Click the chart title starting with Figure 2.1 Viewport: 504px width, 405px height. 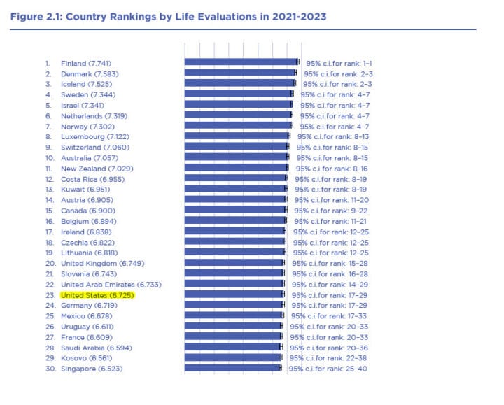[168, 15]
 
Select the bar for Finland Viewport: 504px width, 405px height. [241, 62]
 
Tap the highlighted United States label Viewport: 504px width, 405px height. [97, 295]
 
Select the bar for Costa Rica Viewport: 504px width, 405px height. [235, 179]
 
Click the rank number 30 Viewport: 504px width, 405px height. [50, 369]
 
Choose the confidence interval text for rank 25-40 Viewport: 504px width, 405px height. [328, 369]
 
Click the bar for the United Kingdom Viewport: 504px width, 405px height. [234, 264]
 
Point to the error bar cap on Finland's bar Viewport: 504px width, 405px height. [297, 62]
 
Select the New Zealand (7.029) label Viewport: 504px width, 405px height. [97, 169]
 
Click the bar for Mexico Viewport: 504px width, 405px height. [233, 316]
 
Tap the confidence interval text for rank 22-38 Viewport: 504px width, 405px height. [329, 358]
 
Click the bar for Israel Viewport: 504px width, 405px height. [238, 105]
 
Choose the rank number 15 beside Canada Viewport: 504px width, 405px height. [50, 211]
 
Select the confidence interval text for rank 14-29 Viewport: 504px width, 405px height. [330, 285]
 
